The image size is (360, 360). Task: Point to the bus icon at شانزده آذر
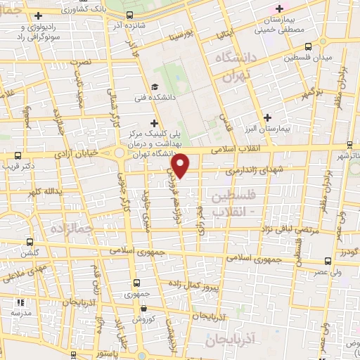click(x=129, y=15)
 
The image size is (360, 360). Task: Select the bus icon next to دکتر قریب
click(x=18, y=156)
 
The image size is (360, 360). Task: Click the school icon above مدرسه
click(x=20, y=303)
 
